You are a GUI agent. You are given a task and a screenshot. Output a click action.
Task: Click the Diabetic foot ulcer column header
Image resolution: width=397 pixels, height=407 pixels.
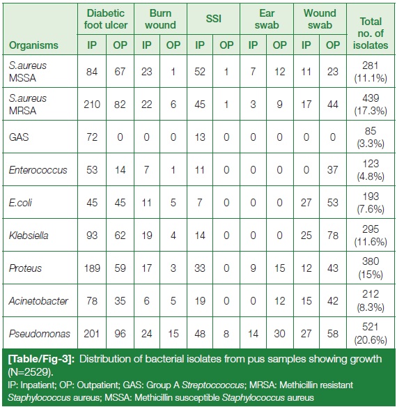[x=106, y=19]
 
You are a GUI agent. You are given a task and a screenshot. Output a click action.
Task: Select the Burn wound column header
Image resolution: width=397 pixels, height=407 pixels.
[x=160, y=19]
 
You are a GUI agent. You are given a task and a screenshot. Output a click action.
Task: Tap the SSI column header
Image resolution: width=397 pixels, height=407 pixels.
[x=214, y=19]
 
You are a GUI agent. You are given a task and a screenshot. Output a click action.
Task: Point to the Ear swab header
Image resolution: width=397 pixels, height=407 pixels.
[x=267, y=19]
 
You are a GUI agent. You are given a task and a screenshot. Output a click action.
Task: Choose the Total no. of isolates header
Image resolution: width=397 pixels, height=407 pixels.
[x=371, y=33]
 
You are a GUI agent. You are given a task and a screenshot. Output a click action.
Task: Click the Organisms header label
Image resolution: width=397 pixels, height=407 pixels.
[x=33, y=45]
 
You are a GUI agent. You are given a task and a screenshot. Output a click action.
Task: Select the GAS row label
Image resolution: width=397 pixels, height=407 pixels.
[x=19, y=137]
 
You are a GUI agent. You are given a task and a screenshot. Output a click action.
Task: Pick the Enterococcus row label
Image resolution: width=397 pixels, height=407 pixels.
[x=38, y=170]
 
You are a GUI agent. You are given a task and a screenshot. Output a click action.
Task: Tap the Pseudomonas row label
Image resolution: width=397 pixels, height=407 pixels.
[x=40, y=334]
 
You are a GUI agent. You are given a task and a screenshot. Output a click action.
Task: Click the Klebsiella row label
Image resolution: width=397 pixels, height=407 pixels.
[x=29, y=236]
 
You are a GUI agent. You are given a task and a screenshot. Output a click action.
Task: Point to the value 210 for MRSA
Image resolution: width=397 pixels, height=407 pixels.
[x=92, y=105]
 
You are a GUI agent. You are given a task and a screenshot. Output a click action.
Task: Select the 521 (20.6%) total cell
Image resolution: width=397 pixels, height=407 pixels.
[x=371, y=333]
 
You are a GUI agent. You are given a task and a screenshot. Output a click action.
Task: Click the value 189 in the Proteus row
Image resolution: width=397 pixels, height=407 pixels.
[x=92, y=268]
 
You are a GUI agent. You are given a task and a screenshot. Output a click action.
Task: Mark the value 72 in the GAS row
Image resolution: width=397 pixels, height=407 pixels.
[x=92, y=137]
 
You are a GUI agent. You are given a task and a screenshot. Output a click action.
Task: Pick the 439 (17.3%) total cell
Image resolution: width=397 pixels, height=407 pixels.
[x=371, y=105]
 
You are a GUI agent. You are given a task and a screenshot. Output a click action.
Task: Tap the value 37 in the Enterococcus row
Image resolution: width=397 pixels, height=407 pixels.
[x=333, y=170]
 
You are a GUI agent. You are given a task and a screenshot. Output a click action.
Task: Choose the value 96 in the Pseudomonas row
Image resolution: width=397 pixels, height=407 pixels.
[x=120, y=334]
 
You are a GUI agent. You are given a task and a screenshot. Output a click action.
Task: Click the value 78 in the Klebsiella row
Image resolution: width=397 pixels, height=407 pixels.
[x=333, y=236]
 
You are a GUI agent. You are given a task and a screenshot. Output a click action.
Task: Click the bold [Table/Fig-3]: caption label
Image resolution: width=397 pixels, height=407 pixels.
[x=42, y=359]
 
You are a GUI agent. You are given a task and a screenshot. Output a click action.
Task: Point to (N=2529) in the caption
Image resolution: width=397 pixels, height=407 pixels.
[x=31, y=372]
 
